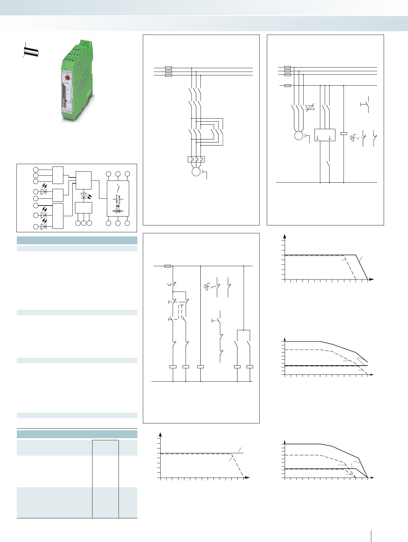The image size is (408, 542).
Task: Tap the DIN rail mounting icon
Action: [31, 51]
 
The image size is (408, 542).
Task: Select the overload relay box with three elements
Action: [196, 159]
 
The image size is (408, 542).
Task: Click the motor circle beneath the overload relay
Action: [196, 171]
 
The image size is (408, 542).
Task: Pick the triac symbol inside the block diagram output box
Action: [118, 199]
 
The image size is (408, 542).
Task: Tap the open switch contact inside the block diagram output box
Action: [118, 188]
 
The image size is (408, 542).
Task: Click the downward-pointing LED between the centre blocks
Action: [84, 196]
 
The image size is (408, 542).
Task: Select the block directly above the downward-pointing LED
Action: [84, 180]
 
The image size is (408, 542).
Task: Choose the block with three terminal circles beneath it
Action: [84, 208]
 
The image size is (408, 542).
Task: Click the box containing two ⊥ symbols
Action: [324, 135]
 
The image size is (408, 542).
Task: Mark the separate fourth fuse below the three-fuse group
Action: [288, 85]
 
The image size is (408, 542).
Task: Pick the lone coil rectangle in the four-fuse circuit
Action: [344, 133]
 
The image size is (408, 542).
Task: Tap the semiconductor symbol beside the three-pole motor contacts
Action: [310, 108]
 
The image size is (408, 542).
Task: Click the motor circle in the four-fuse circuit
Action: [299, 135]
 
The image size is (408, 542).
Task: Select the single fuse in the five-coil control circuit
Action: [168, 266]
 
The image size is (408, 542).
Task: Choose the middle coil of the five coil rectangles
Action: [200, 367]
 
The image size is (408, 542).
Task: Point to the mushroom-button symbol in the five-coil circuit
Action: [207, 287]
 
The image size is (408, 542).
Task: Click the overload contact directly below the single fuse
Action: [172, 284]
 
